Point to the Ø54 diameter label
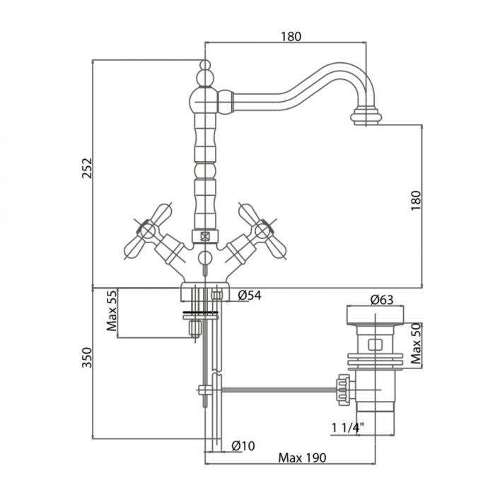(x=250, y=296)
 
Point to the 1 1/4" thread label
(x=346, y=427)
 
